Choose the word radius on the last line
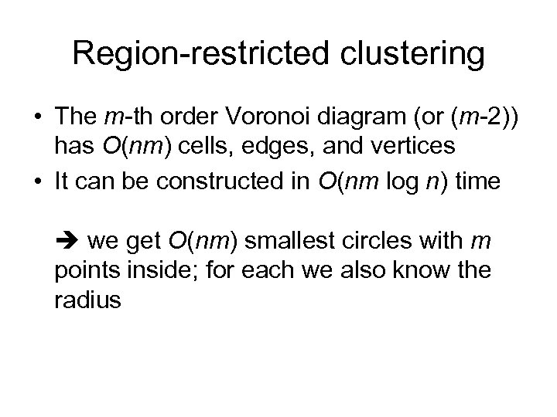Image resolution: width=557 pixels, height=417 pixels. pyautogui.click(x=87, y=300)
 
